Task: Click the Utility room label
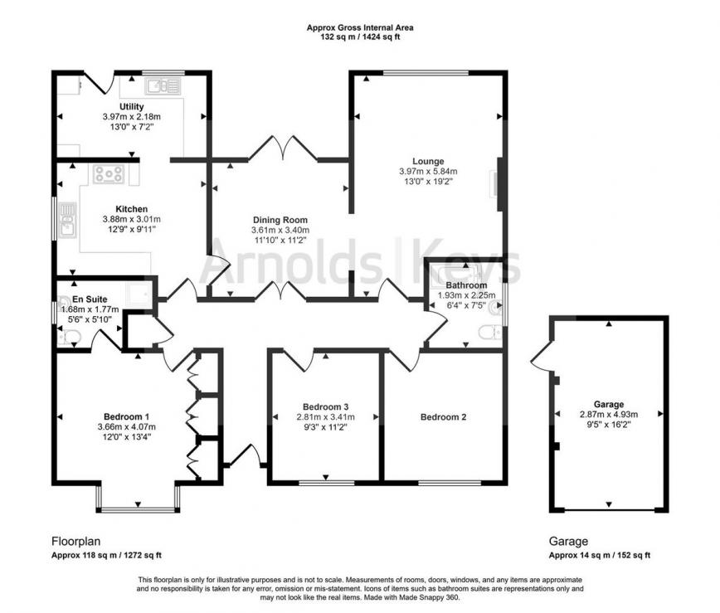(x=131, y=107)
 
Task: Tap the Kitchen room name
(x=131, y=209)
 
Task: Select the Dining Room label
(x=280, y=220)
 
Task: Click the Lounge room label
(x=428, y=161)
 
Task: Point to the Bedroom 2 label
(x=442, y=417)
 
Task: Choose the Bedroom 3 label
(x=326, y=407)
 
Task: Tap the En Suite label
(x=90, y=299)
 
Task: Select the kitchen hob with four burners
(x=109, y=173)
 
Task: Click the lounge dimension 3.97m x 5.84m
(x=428, y=172)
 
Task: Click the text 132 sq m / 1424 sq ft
(x=359, y=37)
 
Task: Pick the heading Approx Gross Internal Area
(x=359, y=27)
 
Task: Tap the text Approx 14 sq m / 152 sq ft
(x=599, y=556)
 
